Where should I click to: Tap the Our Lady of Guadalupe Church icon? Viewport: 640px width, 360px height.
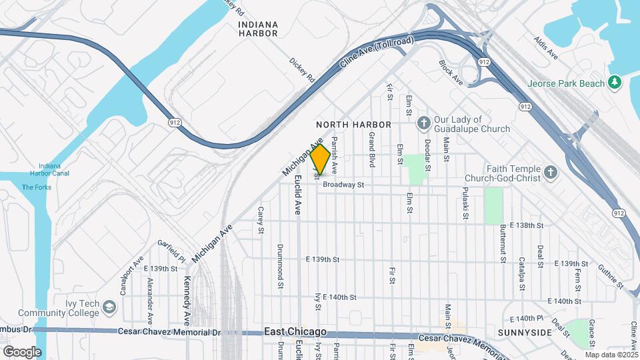(423, 123)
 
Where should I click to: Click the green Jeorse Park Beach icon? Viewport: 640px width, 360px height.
(614, 83)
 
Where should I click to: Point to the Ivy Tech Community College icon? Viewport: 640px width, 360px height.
(109, 307)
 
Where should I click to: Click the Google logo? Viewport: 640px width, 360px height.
(22, 352)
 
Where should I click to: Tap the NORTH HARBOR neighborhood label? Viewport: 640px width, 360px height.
(353, 125)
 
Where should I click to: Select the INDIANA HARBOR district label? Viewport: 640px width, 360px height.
(258, 28)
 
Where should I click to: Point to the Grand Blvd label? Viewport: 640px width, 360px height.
(373, 148)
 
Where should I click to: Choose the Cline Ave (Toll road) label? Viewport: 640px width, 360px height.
(377, 53)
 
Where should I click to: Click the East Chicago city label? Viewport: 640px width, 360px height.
(295, 331)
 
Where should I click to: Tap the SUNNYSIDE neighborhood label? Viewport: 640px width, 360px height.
(525, 332)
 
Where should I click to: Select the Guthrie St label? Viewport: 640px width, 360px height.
(611, 275)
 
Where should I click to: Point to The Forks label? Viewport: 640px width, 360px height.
(36, 187)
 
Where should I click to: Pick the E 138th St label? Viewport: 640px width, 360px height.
(526, 226)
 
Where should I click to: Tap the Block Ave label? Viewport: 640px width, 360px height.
(451, 72)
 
